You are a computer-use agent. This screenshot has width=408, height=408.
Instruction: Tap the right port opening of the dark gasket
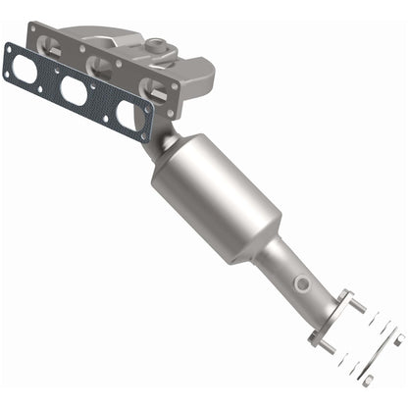[127, 114]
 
